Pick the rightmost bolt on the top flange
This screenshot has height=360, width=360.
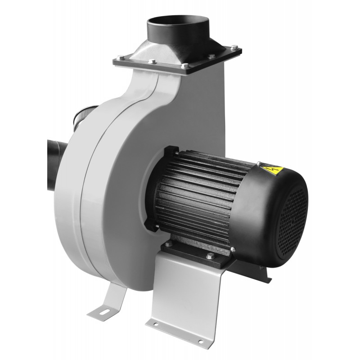(234, 47)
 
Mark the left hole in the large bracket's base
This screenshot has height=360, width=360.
(156, 323)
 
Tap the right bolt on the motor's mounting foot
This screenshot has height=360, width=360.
(209, 256)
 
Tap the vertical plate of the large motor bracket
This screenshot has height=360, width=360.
(189, 292)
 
